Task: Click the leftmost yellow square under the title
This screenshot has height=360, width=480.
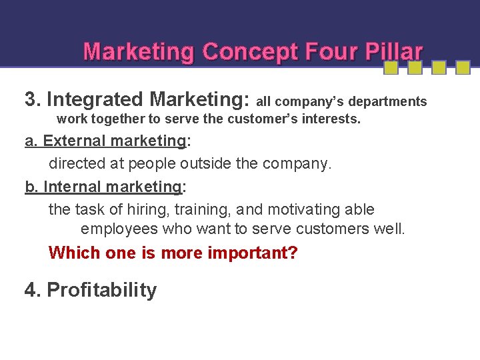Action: (x=391, y=67)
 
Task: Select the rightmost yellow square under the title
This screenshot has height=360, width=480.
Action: (x=463, y=67)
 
